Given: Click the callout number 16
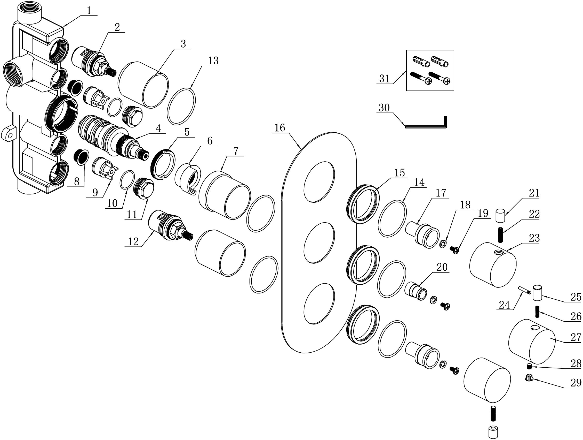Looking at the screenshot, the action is tap(280, 128).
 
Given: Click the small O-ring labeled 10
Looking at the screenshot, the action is tap(127, 180).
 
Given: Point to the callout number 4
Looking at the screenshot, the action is tap(158, 128).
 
